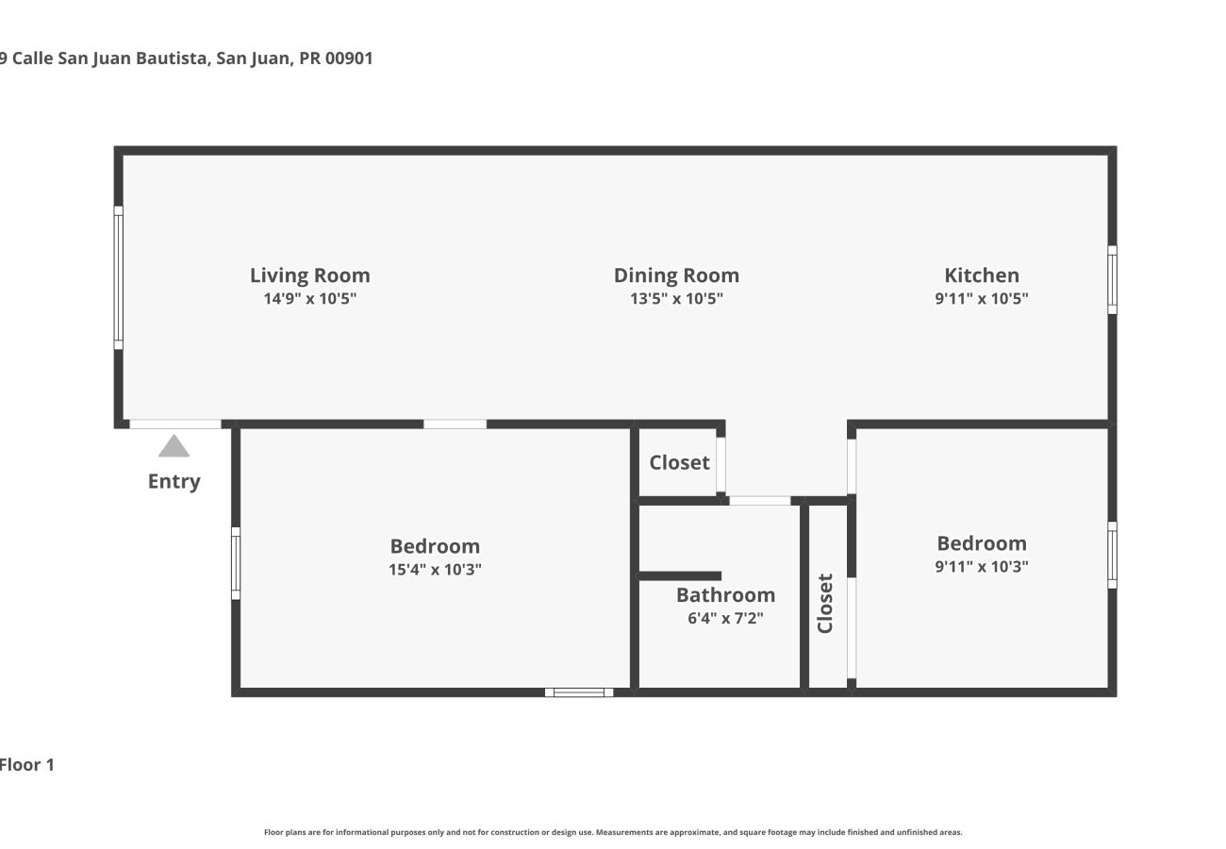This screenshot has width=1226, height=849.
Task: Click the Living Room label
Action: pos(309,275)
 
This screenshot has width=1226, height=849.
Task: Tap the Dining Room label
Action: pos(676,275)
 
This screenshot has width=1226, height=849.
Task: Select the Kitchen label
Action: pos(982,275)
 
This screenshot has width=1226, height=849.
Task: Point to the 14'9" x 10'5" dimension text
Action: pos(309,299)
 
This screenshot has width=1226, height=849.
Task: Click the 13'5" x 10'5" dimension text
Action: pos(676,299)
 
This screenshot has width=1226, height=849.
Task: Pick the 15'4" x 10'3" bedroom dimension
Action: pos(435,570)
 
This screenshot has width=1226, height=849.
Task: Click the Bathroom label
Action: pos(725,595)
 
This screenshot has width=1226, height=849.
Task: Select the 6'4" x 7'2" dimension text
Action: pos(725,619)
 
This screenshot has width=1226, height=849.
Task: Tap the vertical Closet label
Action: pos(825,604)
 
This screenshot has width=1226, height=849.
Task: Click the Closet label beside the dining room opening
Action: pos(679,462)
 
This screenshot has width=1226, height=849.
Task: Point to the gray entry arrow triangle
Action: pos(174,446)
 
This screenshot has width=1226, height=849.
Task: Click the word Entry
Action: pos(174,481)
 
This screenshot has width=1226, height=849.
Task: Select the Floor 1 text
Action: pos(26,765)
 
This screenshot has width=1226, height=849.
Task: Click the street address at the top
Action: pos(187,58)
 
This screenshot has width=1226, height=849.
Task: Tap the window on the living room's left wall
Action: pos(119,277)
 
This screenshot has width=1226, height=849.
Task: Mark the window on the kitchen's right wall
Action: pos(1112,280)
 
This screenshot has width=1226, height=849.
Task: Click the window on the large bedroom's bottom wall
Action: pos(578,692)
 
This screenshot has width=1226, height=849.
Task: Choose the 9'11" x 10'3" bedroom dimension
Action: pos(982,567)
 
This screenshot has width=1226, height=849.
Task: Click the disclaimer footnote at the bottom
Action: pos(613,832)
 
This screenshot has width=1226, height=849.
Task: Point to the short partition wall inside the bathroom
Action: pos(680,575)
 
